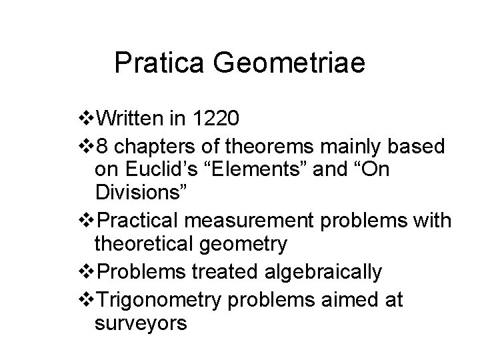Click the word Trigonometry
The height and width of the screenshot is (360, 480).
pyautogui.click(x=159, y=300)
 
